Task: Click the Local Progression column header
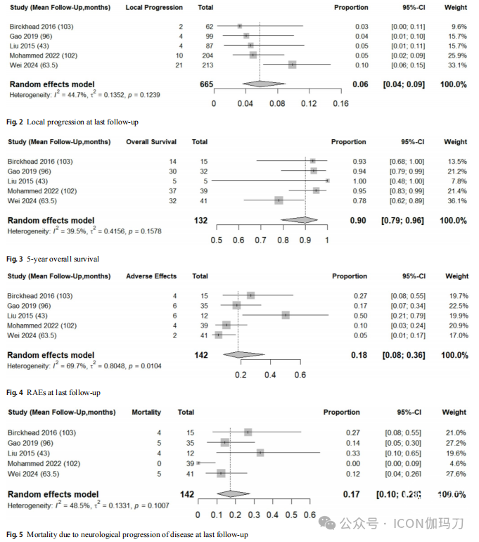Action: click(x=153, y=8)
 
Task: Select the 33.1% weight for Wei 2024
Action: click(x=455, y=65)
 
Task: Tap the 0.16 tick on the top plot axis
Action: click(x=340, y=103)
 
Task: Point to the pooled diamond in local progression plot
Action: click(x=260, y=84)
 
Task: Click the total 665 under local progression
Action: click(x=206, y=84)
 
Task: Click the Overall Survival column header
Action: click(x=151, y=143)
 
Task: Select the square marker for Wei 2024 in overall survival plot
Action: click(x=279, y=200)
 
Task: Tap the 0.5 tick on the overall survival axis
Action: click(x=217, y=240)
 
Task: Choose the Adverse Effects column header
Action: click(x=151, y=276)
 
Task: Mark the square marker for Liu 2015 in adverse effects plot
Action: click(x=286, y=315)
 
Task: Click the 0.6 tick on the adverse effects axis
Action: click(x=300, y=375)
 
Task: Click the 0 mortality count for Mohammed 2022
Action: click(x=159, y=463)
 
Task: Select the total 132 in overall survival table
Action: click(x=201, y=220)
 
